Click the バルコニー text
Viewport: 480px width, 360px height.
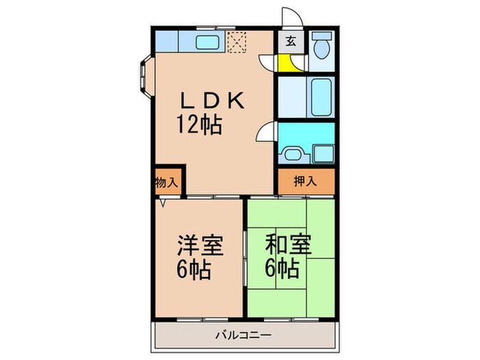(245, 335)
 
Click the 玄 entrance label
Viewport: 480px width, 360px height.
(290, 41)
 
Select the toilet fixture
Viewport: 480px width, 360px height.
(321, 47)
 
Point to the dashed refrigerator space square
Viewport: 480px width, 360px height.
(238, 43)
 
